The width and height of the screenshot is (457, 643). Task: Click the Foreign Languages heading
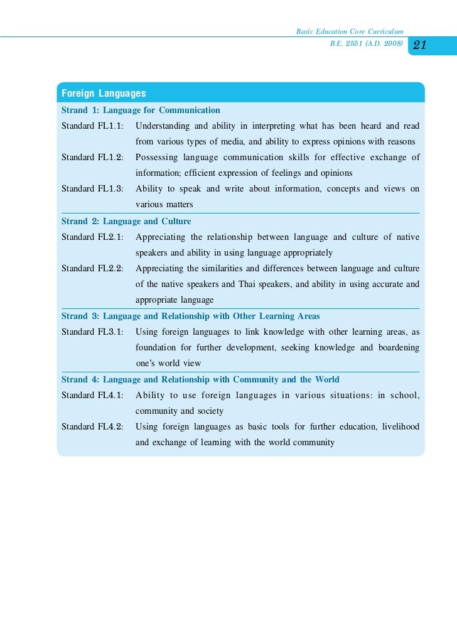tap(104, 94)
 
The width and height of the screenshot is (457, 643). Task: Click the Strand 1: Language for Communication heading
tap(141, 111)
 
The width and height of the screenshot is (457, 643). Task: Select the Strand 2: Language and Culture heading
tap(126, 222)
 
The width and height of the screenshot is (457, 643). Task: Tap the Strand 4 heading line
tap(200, 379)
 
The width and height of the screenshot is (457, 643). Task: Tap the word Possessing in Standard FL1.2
tap(156, 158)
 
